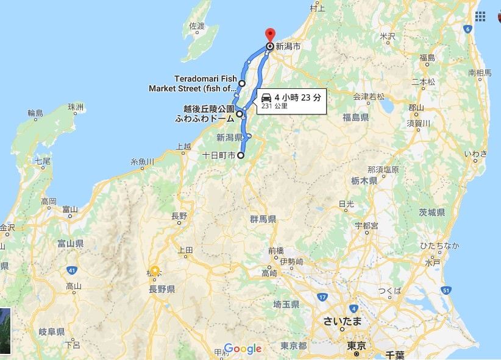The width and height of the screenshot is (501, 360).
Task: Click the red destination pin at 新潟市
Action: point(270,34)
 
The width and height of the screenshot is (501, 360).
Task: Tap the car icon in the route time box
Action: point(266,97)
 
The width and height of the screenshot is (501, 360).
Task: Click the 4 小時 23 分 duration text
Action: point(297,97)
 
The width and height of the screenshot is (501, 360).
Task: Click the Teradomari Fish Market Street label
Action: point(192,83)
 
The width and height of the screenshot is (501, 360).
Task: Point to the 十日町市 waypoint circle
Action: point(241,156)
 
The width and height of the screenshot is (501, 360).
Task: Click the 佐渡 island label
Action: point(196,26)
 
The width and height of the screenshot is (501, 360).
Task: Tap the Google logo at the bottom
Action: point(243,348)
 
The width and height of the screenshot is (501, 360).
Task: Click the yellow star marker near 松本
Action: point(155,270)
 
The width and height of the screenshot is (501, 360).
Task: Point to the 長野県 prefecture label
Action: point(162,289)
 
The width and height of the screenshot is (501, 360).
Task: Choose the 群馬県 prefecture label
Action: point(263,219)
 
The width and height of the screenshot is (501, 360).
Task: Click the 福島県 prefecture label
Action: point(355,117)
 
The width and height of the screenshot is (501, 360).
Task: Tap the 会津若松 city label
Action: point(369,96)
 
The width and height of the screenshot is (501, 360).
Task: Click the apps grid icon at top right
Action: point(480,16)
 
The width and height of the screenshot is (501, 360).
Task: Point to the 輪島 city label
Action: point(35,113)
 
